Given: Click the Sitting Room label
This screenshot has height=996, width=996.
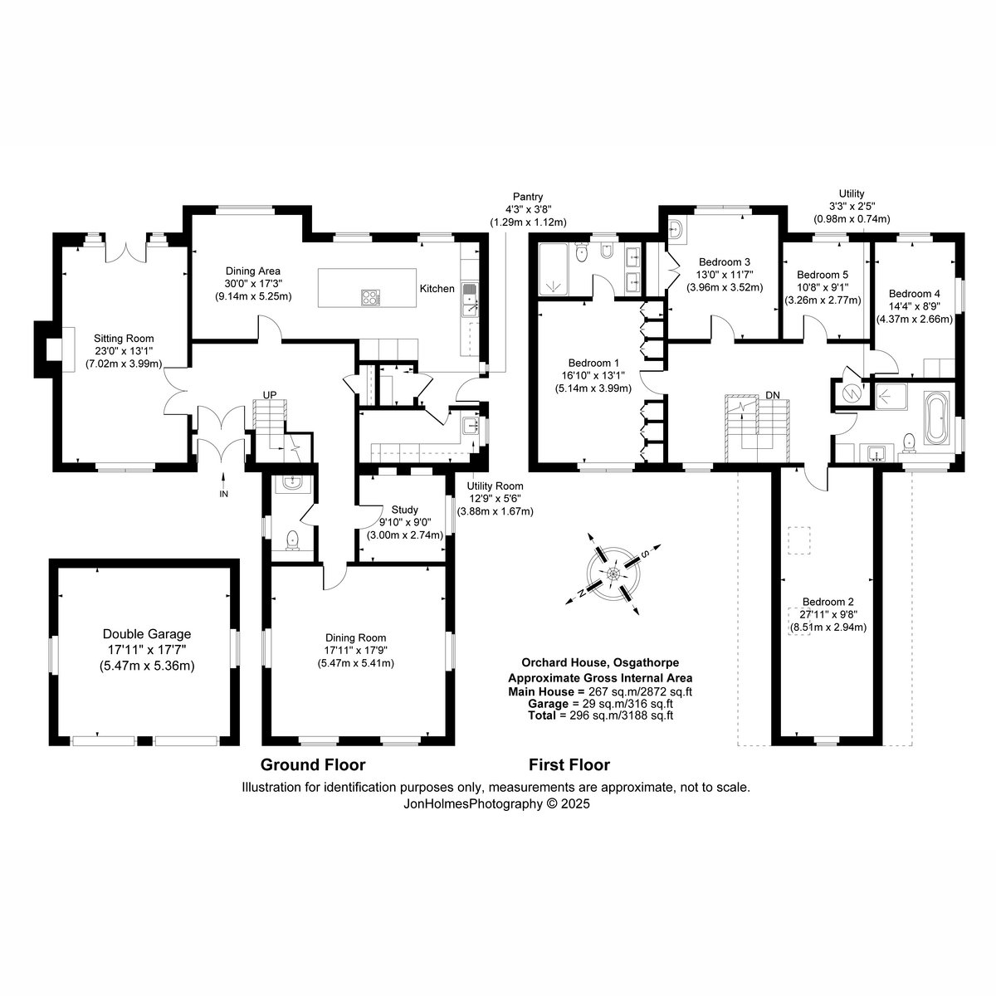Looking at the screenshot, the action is (x=124, y=339).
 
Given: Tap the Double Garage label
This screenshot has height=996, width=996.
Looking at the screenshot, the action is (x=147, y=633).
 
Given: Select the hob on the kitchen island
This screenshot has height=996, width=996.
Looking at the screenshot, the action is (x=370, y=297).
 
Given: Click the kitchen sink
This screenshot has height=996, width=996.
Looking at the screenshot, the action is (x=470, y=300).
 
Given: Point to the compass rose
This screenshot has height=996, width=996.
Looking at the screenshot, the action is (x=613, y=574).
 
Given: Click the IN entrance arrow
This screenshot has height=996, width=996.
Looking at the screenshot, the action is (x=223, y=481).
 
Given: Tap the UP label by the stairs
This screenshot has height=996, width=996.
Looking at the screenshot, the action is (x=269, y=395).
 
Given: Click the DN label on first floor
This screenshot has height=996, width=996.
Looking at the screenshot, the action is (x=772, y=395).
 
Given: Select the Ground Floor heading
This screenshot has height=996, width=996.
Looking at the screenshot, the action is (x=313, y=764).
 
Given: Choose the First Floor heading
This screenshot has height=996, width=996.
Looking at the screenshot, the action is (x=569, y=764).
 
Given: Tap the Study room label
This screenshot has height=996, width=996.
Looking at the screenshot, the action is (x=405, y=510).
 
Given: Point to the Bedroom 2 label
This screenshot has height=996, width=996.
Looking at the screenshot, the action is (x=828, y=602).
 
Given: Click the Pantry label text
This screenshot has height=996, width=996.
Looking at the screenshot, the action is (x=528, y=197).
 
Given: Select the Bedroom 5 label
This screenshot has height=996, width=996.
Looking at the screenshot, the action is (x=823, y=275).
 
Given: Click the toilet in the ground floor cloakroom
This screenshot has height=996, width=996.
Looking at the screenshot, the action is (x=293, y=540).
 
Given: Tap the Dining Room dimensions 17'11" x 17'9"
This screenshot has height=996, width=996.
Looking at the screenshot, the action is (x=355, y=650).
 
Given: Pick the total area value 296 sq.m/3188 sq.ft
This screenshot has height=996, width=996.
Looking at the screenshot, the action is (x=621, y=715).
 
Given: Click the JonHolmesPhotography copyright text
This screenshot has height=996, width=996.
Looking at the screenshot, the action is (x=496, y=803).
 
